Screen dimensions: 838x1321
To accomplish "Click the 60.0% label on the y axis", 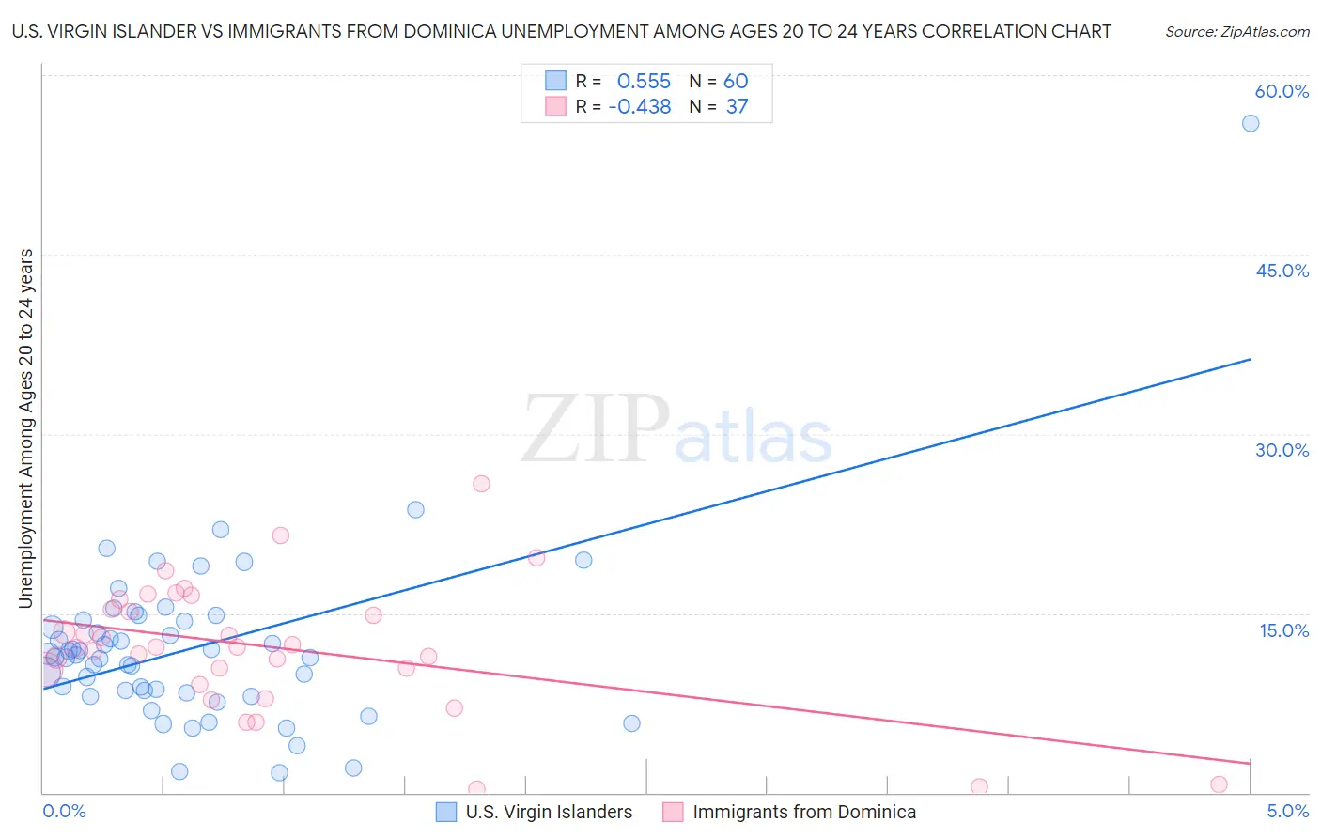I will (1282, 91).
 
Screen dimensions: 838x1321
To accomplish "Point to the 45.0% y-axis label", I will (1282, 271).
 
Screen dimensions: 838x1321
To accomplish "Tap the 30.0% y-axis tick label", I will (1282, 450).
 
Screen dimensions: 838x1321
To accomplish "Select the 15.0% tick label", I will (1283, 629).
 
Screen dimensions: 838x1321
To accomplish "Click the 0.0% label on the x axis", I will (64, 811).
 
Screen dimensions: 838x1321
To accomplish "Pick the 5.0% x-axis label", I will (1287, 811).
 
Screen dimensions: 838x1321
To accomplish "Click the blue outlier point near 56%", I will (1251, 123).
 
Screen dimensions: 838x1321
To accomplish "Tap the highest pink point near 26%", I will (481, 484).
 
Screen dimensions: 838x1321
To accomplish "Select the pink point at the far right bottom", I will (1219, 784).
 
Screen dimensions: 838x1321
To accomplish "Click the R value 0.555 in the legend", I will (644, 82).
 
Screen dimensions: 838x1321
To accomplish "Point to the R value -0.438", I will (640, 107).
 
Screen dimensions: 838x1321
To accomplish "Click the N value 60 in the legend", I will (736, 82).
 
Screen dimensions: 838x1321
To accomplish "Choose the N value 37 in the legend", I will (737, 107).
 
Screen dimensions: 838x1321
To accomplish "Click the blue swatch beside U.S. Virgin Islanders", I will (446, 812).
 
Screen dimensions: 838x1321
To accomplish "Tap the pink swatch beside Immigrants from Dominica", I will (673, 812).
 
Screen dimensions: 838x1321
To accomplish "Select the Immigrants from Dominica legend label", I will (804, 812).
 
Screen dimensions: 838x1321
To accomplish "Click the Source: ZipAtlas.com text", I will (1236, 32).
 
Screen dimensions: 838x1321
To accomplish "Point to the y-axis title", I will (26, 428).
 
